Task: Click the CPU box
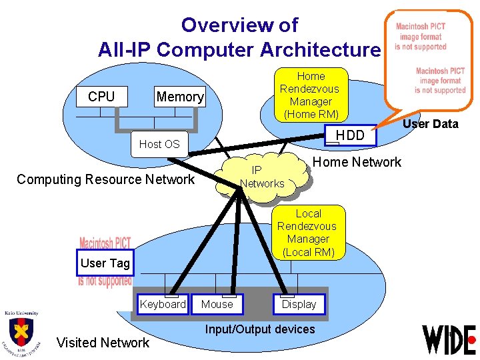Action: tap(101, 97)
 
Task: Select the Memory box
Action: tap(179, 97)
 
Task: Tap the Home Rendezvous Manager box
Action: tap(309, 95)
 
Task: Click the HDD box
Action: tap(350, 135)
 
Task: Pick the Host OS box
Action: tap(159, 144)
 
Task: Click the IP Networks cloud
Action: tap(262, 177)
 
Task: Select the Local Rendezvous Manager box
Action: tap(308, 233)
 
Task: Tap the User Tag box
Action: tap(105, 263)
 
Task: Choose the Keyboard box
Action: tap(163, 305)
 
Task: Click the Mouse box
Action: tap(217, 305)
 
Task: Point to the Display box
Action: tap(299, 305)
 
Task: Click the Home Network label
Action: tap(357, 162)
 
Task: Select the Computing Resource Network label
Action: tap(105, 179)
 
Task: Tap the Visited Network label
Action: tap(103, 343)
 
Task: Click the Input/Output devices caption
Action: tap(260, 329)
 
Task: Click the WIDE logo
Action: tap(449, 339)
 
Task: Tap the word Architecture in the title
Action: tap(320, 50)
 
